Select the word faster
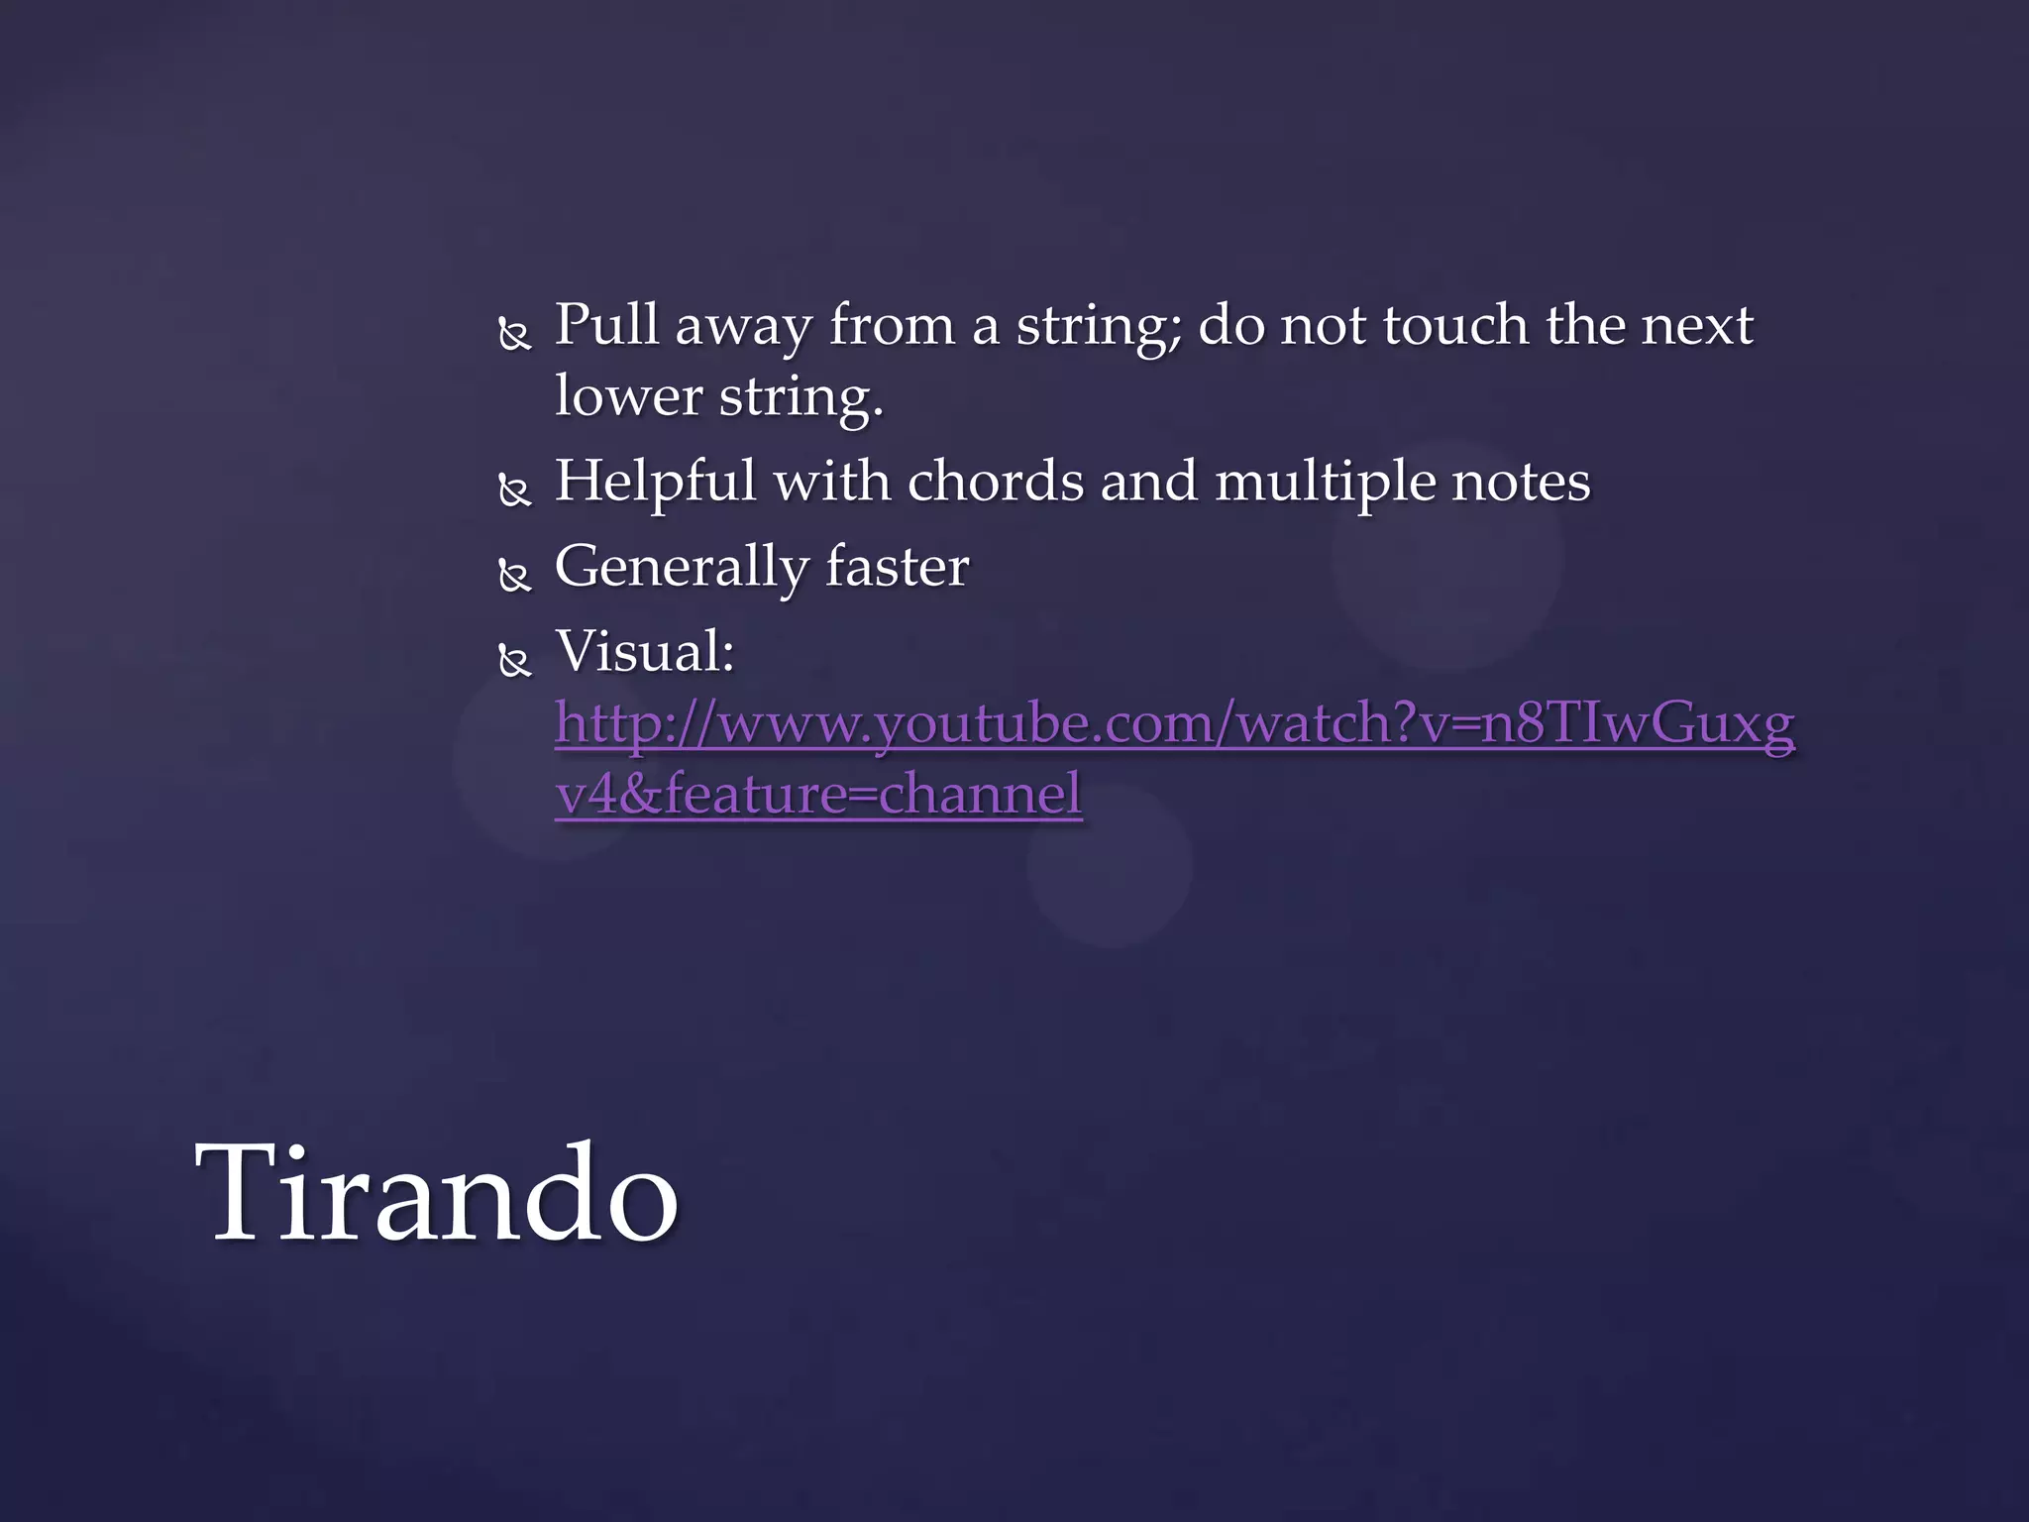pyautogui.click(x=897, y=567)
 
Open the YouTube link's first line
pyautogui.click(x=1174, y=723)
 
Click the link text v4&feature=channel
pyautogui.click(x=818, y=795)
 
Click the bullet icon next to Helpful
pyautogui.click(x=514, y=490)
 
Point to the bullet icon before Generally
pyautogui.click(x=514, y=576)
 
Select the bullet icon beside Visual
pyautogui.click(x=514, y=661)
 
